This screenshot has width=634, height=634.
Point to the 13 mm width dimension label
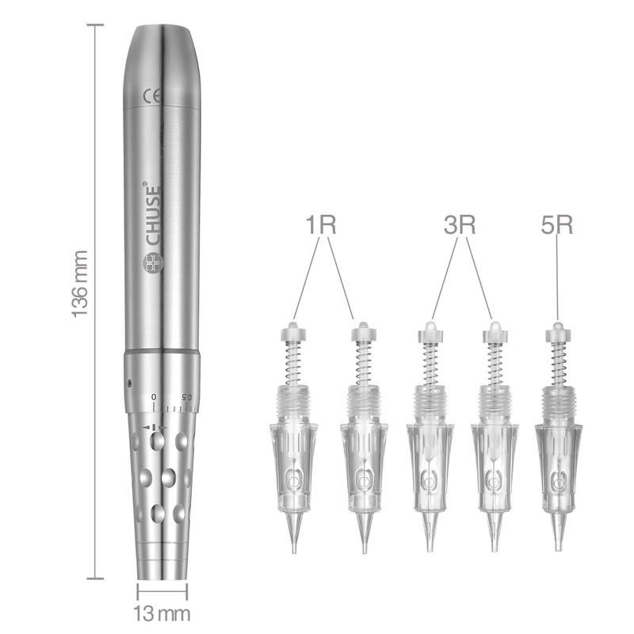pyautogui.click(x=162, y=613)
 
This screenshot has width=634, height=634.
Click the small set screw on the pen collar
pyautogui.click(x=129, y=384)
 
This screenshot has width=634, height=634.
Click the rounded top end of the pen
pyautogui.click(x=162, y=36)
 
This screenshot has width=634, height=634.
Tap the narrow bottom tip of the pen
pyautogui.click(x=162, y=572)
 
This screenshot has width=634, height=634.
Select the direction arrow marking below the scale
pyautogui.click(x=153, y=429)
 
